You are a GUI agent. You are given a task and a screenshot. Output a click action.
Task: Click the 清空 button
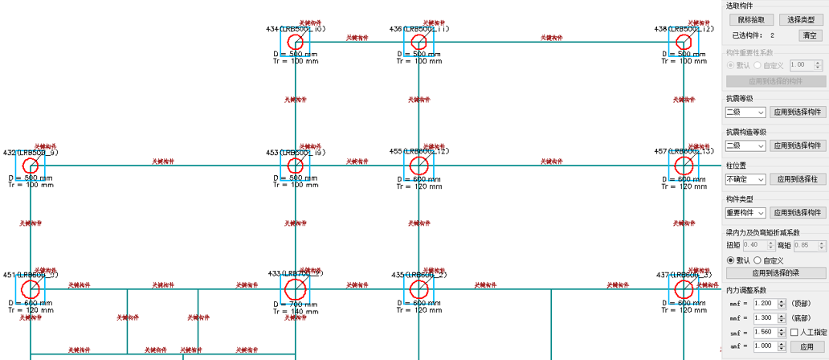[809, 35]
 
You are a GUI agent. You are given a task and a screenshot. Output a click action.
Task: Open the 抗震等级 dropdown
[745, 112]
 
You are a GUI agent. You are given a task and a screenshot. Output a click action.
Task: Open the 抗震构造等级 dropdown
[745, 145]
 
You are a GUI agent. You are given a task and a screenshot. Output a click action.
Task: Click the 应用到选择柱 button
[798, 179]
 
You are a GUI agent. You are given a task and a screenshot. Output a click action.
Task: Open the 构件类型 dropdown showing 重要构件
[745, 213]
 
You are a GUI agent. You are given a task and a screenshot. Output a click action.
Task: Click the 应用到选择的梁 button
[777, 273]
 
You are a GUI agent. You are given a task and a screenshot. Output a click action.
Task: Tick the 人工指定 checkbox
[794, 332]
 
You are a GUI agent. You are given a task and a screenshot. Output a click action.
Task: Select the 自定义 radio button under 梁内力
[758, 260]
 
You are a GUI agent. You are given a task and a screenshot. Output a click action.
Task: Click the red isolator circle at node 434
[296, 41]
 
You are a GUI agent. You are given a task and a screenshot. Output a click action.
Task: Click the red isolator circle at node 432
[31, 166]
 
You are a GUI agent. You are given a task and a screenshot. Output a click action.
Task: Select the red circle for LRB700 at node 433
[296, 288]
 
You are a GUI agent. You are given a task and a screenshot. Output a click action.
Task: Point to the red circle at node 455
[419, 166]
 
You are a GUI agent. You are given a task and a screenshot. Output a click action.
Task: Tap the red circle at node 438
[684, 41]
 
